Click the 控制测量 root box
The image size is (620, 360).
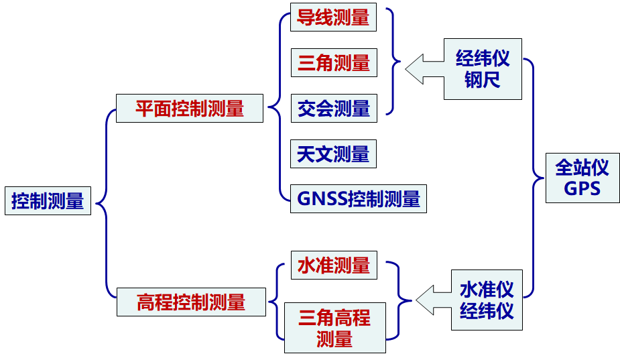click(x=48, y=200)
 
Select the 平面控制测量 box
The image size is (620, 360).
click(x=190, y=108)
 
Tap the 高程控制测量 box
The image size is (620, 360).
click(x=191, y=302)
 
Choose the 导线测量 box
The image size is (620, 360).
click(x=333, y=17)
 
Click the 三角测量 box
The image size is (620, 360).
click(x=334, y=63)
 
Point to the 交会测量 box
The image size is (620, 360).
click(x=334, y=108)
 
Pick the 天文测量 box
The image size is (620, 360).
click(x=333, y=154)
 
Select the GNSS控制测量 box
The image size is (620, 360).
click(x=358, y=198)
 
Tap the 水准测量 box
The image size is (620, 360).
click(x=333, y=265)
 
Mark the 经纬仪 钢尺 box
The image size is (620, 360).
click(x=483, y=69)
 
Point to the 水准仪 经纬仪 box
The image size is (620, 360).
click(x=487, y=300)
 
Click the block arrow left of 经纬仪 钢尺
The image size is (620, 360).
click(x=424, y=69)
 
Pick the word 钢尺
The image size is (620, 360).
click(x=483, y=80)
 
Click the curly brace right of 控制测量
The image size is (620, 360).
click(x=105, y=201)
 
